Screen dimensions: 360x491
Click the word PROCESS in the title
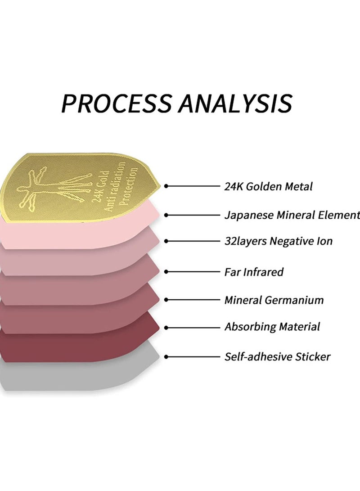[117, 103]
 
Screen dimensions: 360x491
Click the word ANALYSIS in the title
[235, 103]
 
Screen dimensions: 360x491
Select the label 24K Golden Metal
[268, 187]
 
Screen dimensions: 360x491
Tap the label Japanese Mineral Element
[292, 216]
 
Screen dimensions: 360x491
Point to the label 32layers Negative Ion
[278, 241]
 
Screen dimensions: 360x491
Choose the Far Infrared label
[254, 272]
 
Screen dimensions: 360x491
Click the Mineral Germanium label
[274, 300]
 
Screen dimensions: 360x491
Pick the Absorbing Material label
[272, 327]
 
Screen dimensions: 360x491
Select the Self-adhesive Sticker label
[277, 357]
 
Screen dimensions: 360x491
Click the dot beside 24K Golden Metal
[166, 186]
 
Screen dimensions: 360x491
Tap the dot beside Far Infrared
[166, 272]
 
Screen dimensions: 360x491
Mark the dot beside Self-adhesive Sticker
[166, 357]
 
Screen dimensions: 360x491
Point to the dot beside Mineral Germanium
[166, 300]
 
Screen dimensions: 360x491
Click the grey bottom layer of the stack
[78, 376]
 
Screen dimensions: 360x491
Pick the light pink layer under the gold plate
[78, 233]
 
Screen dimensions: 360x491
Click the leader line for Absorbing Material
[193, 328]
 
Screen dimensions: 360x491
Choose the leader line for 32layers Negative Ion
[193, 241]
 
